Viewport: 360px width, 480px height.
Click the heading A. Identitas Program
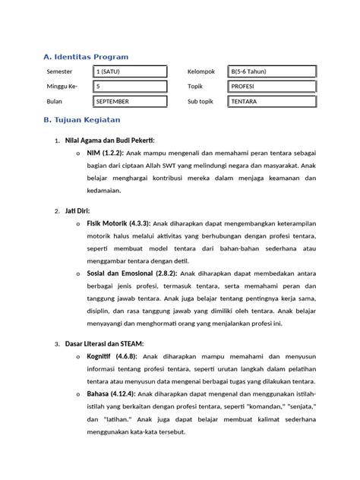pyautogui.click(x=86, y=57)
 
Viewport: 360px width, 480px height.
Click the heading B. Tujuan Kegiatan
pyautogui.click(x=82, y=120)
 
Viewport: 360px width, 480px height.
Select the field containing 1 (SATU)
pyautogui.click(x=129, y=72)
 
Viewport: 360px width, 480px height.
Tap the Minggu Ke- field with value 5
pyautogui.click(x=129, y=87)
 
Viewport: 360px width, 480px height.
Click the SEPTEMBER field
pyautogui.click(x=129, y=101)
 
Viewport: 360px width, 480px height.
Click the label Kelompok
pyautogui.click(x=201, y=72)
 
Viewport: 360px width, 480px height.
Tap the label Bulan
pyautogui.click(x=55, y=101)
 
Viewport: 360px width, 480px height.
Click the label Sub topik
pyautogui.click(x=203, y=101)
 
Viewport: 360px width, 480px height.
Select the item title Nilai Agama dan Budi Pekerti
pyautogui.click(x=110, y=141)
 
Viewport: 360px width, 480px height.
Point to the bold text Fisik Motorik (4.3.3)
pyautogui.click(x=119, y=223)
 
